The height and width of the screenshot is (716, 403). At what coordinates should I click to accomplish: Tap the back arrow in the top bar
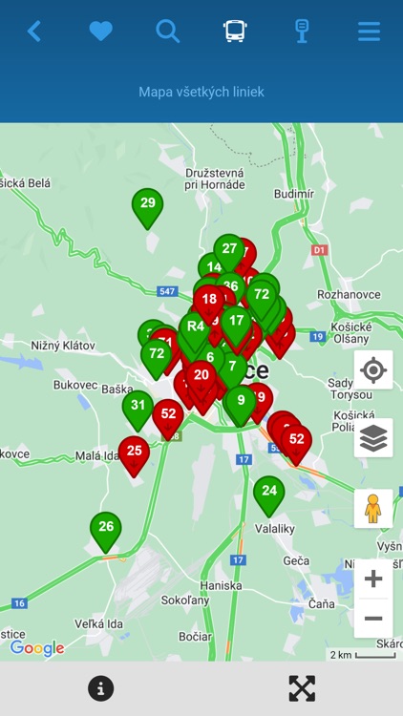point(34,32)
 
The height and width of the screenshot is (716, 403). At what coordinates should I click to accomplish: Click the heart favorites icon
point(101,32)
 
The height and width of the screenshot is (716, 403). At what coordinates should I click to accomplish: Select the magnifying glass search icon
point(168,32)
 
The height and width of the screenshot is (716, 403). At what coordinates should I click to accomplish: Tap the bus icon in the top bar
point(235,32)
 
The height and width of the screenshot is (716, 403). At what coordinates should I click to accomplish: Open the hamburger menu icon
point(369,32)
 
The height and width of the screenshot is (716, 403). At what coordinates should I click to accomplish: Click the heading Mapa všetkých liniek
point(201,92)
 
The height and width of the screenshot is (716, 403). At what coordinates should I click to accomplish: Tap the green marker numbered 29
point(147,204)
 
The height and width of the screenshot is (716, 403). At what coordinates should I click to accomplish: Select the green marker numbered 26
point(106,528)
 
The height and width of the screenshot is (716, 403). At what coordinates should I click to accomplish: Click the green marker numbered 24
point(269,493)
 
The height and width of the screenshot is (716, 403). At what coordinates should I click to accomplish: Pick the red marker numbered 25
point(134,452)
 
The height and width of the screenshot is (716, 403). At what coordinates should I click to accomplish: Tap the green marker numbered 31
point(138,407)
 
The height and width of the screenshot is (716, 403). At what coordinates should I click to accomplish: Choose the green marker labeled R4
point(196,327)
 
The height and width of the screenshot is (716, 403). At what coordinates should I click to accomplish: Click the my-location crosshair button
point(373,369)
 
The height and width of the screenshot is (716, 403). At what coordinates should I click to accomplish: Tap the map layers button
point(373,438)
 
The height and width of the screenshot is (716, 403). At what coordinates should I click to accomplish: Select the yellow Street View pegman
point(373,508)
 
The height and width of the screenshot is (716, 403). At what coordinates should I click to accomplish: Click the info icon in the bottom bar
point(100,688)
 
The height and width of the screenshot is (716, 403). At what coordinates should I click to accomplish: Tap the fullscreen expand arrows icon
point(302,688)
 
